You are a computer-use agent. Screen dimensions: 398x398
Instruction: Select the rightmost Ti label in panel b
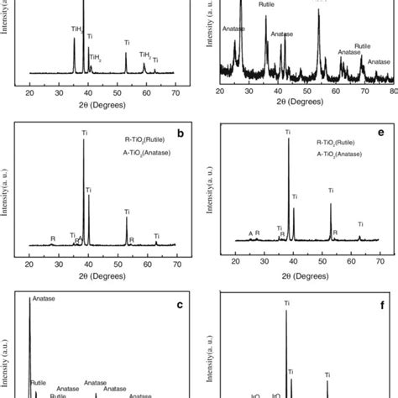pyautogui.click(x=156, y=235)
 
